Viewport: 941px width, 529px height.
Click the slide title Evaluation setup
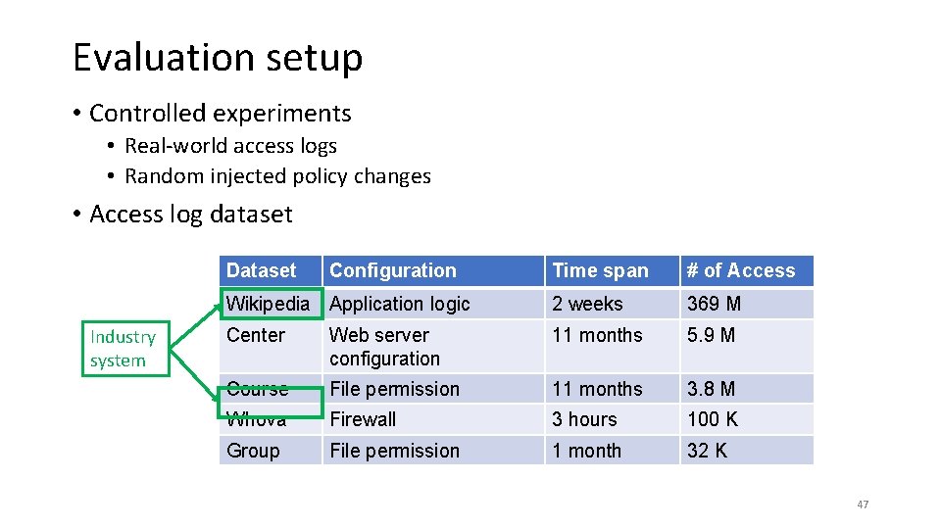[218, 58]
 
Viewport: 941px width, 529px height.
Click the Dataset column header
[261, 271]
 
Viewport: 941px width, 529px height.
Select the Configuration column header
[393, 271]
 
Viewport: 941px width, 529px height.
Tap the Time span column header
[600, 271]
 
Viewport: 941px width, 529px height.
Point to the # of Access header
[741, 271]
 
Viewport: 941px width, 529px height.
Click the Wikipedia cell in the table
[268, 304]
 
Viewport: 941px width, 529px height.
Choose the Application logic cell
[400, 304]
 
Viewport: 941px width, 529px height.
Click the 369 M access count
[715, 304]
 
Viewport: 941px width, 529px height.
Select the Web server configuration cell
[384, 347]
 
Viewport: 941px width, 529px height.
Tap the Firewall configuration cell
[363, 419]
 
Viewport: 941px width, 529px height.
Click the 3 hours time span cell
[584, 419]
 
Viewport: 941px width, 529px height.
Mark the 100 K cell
[713, 419]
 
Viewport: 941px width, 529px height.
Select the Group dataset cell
[253, 451]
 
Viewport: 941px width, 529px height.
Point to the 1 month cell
[586, 451]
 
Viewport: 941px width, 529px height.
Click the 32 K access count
[708, 451]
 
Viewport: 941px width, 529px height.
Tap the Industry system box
[123, 349]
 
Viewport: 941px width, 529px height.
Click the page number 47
[863, 505]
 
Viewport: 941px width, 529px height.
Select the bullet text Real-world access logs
[230, 146]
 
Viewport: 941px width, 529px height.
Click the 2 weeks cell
[587, 304]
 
